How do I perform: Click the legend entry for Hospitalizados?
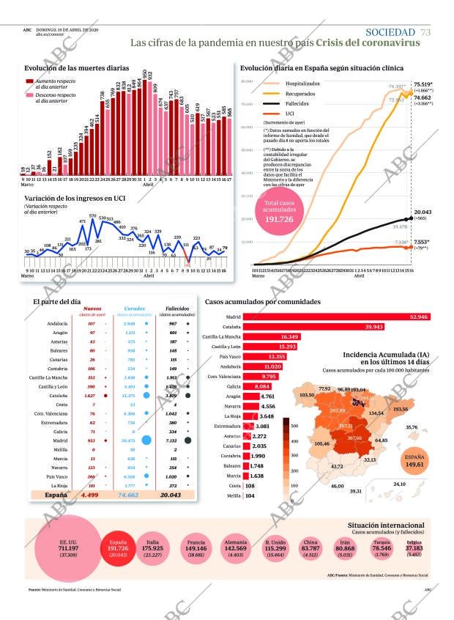(x=302, y=85)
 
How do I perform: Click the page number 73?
(x=426, y=32)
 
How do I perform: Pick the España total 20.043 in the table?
(x=174, y=495)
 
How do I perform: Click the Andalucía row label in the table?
(x=57, y=323)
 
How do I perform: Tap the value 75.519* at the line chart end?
(x=423, y=84)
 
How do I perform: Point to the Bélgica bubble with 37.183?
(x=414, y=551)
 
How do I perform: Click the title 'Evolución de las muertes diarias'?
(x=67, y=67)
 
